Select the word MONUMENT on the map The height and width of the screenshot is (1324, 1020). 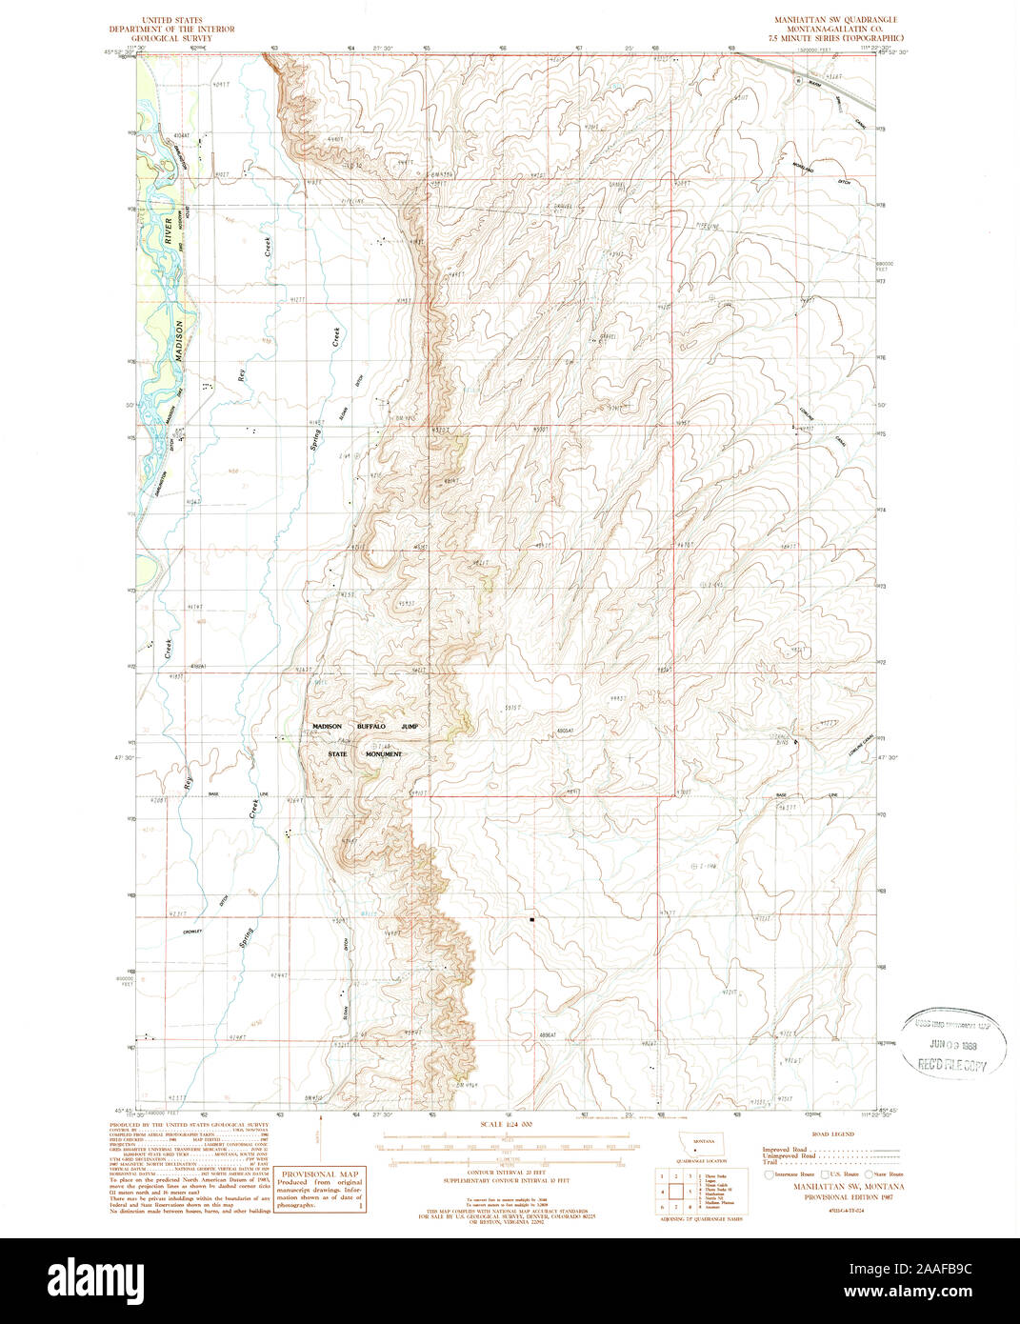click(379, 754)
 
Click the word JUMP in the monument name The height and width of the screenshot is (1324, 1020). click(410, 727)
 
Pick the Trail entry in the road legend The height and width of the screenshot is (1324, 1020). click(769, 1163)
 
